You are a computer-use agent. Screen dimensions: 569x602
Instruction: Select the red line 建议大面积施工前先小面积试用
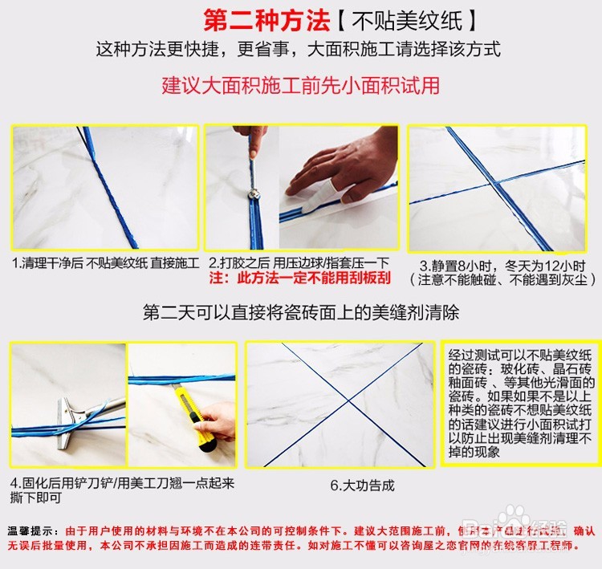(x=301, y=85)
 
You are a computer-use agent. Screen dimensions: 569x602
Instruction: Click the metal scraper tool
(x=76, y=409)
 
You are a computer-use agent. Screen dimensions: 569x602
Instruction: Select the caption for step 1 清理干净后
(x=104, y=263)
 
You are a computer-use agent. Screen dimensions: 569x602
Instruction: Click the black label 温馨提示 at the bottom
(x=32, y=531)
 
